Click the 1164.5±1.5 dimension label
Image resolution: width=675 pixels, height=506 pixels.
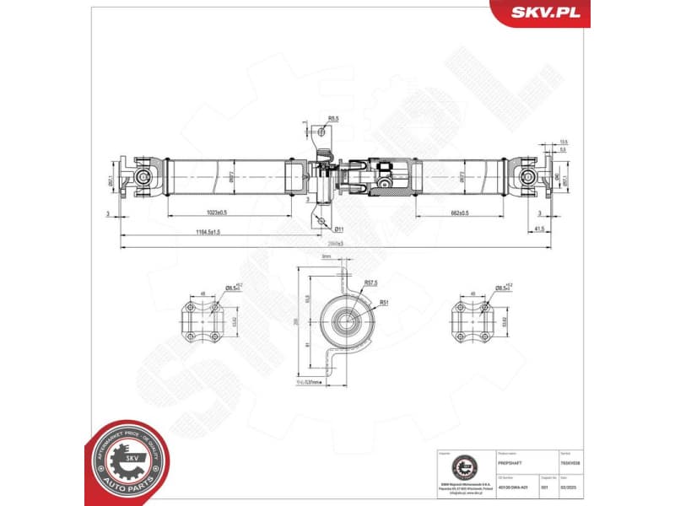click(x=203, y=231)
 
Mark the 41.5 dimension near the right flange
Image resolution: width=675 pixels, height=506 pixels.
click(x=538, y=229)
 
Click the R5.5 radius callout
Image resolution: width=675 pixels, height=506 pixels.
click(x=333, y=119)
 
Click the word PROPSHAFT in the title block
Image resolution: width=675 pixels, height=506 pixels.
click(x=512, y=464)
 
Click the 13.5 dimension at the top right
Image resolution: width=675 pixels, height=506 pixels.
click(x=563, y=142)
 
